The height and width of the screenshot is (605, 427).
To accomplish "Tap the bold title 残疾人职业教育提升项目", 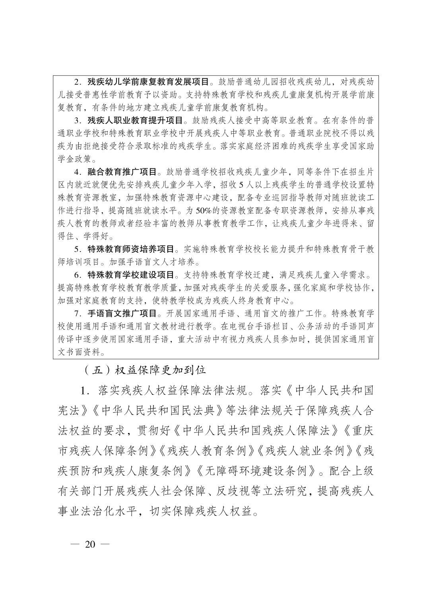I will tap(135, 120).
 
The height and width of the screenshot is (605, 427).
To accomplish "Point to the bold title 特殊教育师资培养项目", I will tap(131, 249).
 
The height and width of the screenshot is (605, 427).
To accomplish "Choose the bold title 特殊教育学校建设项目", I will tap(131, 275).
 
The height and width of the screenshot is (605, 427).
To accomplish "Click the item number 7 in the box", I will tap(76, 314).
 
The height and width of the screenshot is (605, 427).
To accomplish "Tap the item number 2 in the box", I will tap(76, 82).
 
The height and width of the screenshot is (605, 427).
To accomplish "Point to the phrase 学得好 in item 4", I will tap(95, 236).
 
